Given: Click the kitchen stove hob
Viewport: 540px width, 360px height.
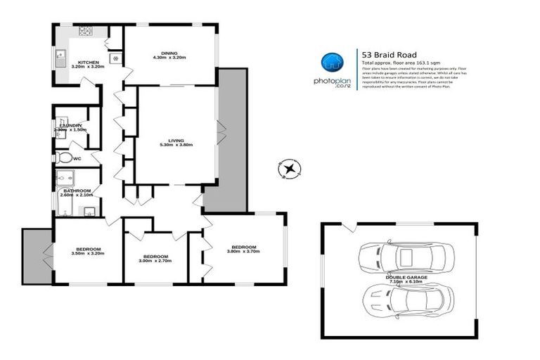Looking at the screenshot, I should point(85,31).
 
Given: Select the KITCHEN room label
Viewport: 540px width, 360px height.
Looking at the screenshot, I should point(88,63).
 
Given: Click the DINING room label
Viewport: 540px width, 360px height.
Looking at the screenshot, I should point(169,53).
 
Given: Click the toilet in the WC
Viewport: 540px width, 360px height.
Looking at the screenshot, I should point(65,157).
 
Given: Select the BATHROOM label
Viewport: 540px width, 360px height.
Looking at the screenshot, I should point(77,191).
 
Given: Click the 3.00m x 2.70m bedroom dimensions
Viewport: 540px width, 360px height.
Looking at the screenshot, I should point(155,261).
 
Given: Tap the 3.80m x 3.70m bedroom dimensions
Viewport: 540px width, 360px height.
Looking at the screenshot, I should point(244,252).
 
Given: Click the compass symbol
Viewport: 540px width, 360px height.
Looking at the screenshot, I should point(289,169).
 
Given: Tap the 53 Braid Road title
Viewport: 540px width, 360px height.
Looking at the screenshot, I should point(389,54).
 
